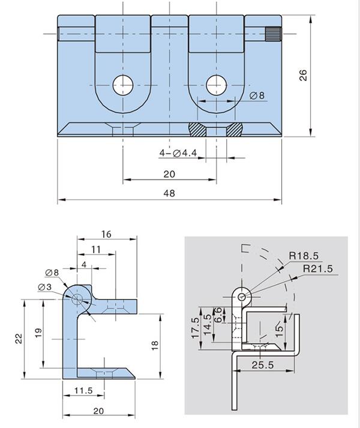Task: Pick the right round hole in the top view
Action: pyautogui.click(x=216, y=85)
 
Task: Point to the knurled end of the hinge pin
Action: pyautogui.click(x=274, y=34)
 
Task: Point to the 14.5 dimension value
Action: pyautogui.click(x=208, y=325)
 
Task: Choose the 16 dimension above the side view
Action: pyautogui.click(x=106, y=235)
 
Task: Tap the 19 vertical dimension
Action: pyautogui.click(x=38, y=332)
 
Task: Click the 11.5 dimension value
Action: pyautogui.click(x=83, y=391)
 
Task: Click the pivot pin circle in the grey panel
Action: pyautogui.click(x=241, y=297)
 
